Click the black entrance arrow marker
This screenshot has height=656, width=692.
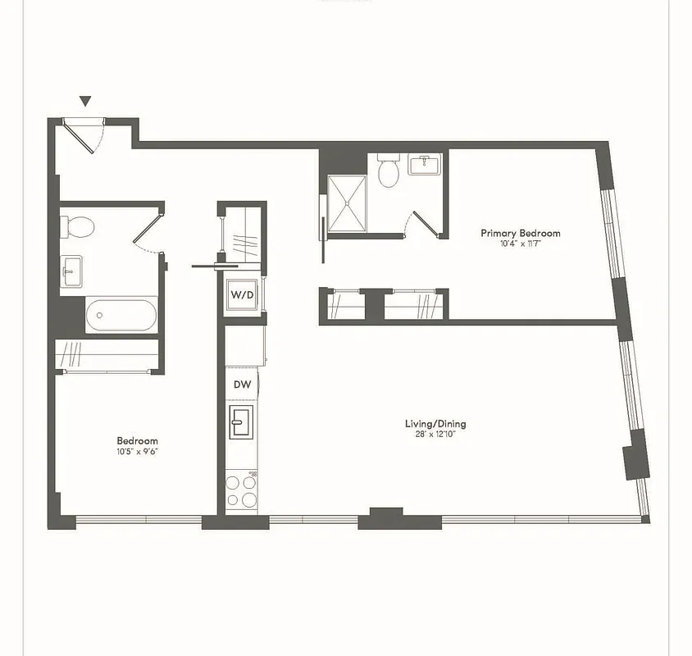[x=85, y=102]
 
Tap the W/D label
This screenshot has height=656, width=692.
[x=241, y=294]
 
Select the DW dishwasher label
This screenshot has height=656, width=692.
[x=242, y=384]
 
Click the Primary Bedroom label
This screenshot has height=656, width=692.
[x=521, y=234]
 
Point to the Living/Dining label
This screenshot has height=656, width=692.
[x=435, y=424]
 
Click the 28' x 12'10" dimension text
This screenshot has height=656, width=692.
[x=435, y=435]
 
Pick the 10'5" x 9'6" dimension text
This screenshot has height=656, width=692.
[x=137, y=451]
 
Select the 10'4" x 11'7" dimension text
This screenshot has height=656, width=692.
[x=521, y=244]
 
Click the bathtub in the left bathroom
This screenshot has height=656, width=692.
[x=121, y=315]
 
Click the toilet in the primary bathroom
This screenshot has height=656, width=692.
[x=388, y=171]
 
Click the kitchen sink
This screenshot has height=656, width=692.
[x=242, y=423]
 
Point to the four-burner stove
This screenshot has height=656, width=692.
[x=242, y=490]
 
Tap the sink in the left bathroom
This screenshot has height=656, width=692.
[x=72, y=271]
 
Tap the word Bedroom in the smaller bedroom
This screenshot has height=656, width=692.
[x=137, y=441]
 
